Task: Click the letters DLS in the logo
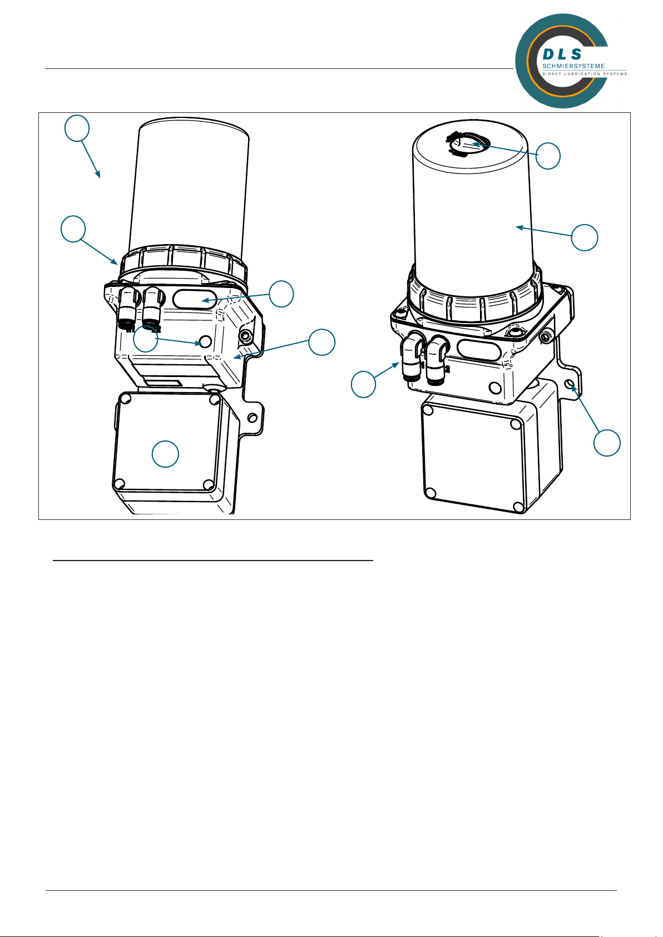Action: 562,54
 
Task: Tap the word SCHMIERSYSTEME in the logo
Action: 573,66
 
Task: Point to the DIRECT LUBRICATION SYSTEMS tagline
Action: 585,73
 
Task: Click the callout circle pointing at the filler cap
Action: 547,156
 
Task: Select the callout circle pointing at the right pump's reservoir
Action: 585,237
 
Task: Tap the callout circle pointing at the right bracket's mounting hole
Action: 606,443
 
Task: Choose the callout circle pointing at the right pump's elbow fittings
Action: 363,384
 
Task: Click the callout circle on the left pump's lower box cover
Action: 165,454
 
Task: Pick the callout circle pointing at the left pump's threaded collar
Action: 73,229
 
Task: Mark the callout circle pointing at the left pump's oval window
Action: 281,294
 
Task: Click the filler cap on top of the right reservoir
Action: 468,145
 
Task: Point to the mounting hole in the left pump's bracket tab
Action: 253,418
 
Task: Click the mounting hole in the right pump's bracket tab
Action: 570,384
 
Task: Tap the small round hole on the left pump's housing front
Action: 205,342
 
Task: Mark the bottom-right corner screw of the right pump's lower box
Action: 518,507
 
